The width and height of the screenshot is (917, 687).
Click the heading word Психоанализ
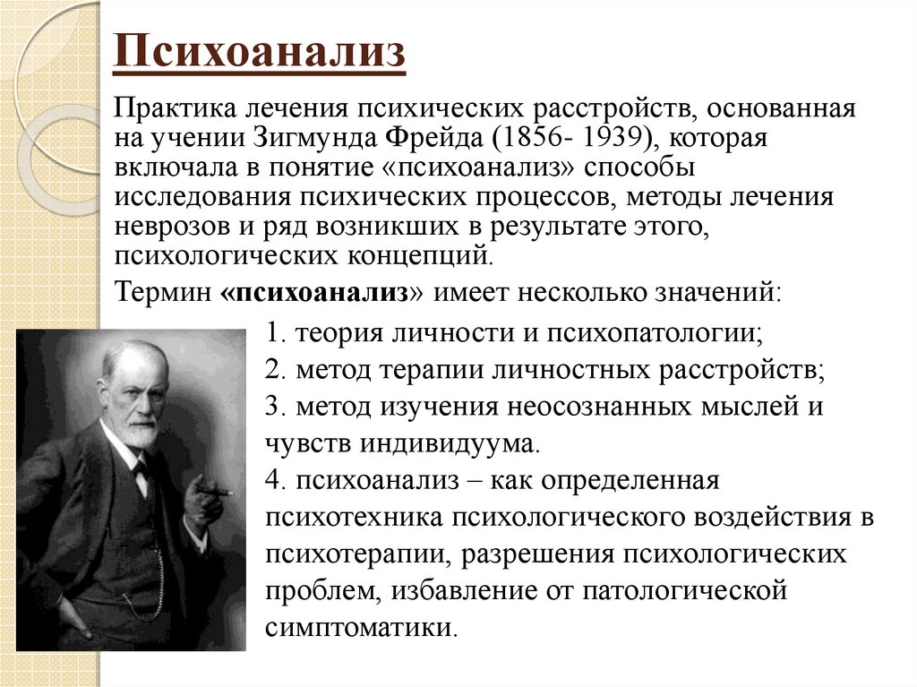click(x=259, y=50)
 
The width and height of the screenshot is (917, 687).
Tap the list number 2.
click(x=275, y=370)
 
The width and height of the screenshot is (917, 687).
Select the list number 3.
click(x=275, y=406)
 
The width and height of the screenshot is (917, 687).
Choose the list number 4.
click(x=275, y=480)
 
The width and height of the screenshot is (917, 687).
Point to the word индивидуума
click(x=448, y=444)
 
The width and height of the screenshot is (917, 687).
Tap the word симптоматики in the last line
click(x=360, y=629)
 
